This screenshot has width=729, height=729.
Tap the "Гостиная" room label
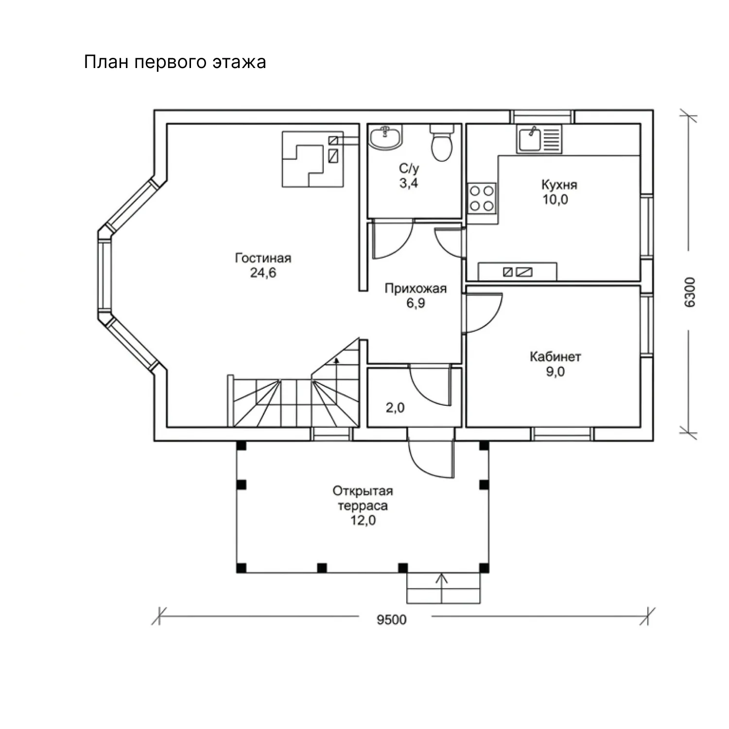coord(263,258)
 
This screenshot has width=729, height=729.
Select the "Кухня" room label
coord(559,185)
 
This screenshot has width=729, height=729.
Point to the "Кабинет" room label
coord(555,357)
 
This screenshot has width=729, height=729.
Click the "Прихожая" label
coord(416,289)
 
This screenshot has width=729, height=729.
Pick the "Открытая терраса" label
coord(363,498)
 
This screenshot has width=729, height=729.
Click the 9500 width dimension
coord(392,620)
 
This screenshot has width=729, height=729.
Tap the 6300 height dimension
coord(690,292)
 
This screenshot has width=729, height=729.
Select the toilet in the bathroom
coord(442,142)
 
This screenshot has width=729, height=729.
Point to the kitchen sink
coord(530,139)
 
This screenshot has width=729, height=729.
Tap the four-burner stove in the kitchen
coord(482,198)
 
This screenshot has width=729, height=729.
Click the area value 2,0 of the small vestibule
coord(395,407)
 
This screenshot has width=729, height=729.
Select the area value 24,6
coord(263,273)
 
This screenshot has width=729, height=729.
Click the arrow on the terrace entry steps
coord(442,588)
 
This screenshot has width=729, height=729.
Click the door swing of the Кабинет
coord(484,313)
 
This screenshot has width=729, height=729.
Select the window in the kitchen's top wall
coord(542,117)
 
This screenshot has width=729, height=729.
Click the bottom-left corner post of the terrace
coord(241,568)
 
